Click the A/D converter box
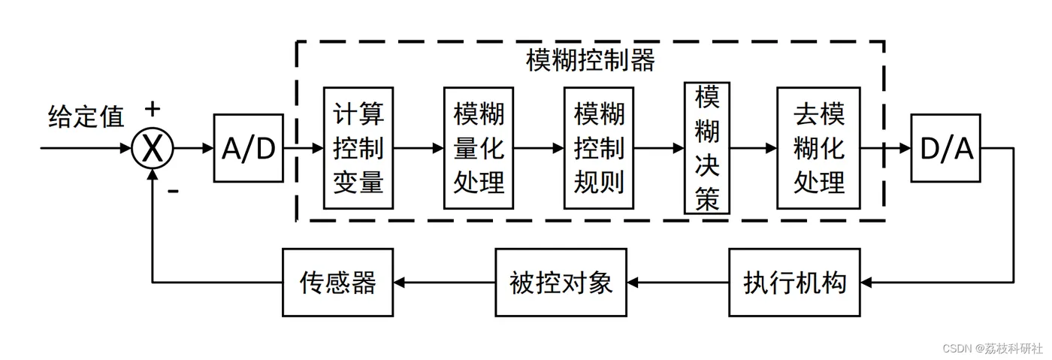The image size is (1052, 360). tap(249, 148)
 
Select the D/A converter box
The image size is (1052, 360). tap(946, 148)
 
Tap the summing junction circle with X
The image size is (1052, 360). tap(152, 148)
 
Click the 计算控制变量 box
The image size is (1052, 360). tap(358, 148)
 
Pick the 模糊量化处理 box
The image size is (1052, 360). tap(479, 148)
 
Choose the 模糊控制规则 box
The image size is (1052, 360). tap(599, 148)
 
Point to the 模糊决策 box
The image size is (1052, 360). tap(707, 148)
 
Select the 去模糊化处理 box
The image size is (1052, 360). tap(818, 148)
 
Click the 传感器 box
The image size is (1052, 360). tap(337, 283)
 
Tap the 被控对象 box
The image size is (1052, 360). tap(561, 283)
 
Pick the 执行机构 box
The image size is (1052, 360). tap(795, 283)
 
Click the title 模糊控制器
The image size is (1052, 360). tap(591, 60)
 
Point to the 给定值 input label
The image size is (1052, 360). tap(86, 116)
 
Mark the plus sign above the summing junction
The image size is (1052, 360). tap(152, 109)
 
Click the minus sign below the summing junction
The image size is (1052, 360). tap(174, 191)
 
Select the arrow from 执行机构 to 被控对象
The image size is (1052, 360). tap(678, 283)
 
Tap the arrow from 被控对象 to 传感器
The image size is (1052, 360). tap(444, 283)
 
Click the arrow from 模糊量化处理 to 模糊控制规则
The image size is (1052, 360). tap(539, 148)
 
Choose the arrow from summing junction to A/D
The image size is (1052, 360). tap(194, 148)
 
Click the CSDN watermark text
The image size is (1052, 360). tap(993, 348)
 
